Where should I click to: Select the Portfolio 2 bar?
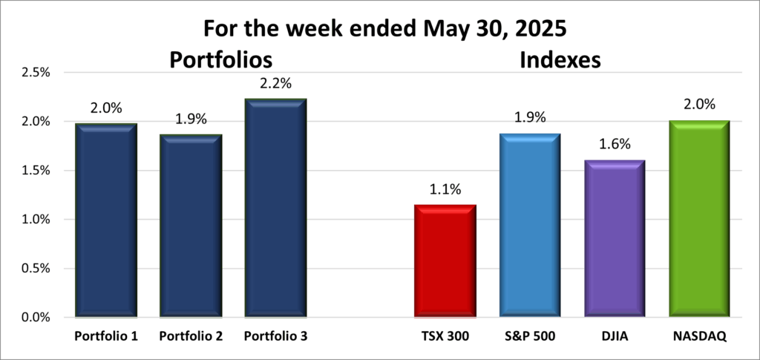point(191,226)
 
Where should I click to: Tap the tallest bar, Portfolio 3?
point(276,208)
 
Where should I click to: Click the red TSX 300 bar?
point(445,261)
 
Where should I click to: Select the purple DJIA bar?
point(615,238)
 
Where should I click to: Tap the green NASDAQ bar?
point(700,219)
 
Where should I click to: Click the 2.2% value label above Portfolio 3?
point(276,83)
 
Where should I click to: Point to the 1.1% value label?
point(445,189)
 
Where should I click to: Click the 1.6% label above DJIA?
point(615,145)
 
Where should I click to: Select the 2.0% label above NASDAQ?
point(700,105)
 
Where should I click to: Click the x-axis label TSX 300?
point(445,336)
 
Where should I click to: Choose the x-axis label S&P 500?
point(530,336)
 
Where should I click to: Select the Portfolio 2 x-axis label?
point(191,336)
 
